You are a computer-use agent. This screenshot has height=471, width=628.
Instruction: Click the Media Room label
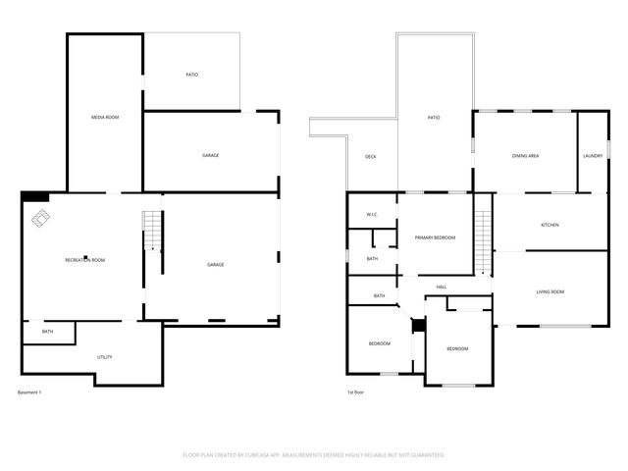pyautogui.click(x=105, y=118)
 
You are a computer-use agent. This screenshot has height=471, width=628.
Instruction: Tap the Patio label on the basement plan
pyautogui.click(x=192, y=75)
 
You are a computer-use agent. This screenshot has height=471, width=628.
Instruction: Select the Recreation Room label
pyautogui.click(x=85, y=260)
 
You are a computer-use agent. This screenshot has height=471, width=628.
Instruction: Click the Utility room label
pyautogui.click(x=104, y=357)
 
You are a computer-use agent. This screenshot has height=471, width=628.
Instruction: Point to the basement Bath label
pyautogui.click(x=47, y=332)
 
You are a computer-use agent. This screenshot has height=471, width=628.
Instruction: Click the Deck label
pyautogui.click(x=371, y=157)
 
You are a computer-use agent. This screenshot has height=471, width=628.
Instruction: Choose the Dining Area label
pyautogui.click(x=525, y=156)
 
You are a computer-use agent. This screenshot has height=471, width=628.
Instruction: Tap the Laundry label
pyautogui.click(x=593, y=156)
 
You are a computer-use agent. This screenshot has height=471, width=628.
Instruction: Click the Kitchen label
pyautogui.click(x=549, y=226)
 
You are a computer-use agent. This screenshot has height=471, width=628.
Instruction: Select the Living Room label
pyautogui.click(x=549, y=291)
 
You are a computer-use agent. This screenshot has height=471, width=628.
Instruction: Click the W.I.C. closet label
pyautogui.click(x=373, y=215)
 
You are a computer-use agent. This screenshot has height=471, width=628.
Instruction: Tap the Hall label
pyautogui.click(x=442, y=287)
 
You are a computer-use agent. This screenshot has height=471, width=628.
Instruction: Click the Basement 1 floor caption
pyautogui.click(x=29, y=392)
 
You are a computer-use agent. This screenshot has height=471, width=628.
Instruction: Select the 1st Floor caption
pyautogui.click(x=357, y=392)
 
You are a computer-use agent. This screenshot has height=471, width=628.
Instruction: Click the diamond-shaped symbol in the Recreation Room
pyautogui.click(x=40, y=219)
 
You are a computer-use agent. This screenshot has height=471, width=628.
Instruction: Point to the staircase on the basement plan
pyautogui.click(x=152, y=232)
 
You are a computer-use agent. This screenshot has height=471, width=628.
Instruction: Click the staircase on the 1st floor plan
pyautogui.click(x=483, y=240)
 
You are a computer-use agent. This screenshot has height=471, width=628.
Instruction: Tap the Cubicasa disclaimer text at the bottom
pyautogui.click(x=314, y=455)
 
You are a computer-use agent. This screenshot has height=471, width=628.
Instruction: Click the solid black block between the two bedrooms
pyautogui.click(x=418, y=325)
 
